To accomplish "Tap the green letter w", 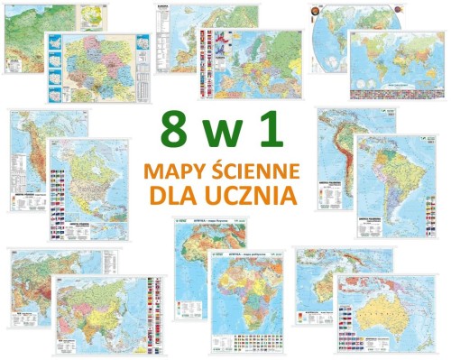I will [226, 133].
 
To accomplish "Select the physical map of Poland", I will [32, 32].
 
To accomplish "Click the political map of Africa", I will [244, 302].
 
